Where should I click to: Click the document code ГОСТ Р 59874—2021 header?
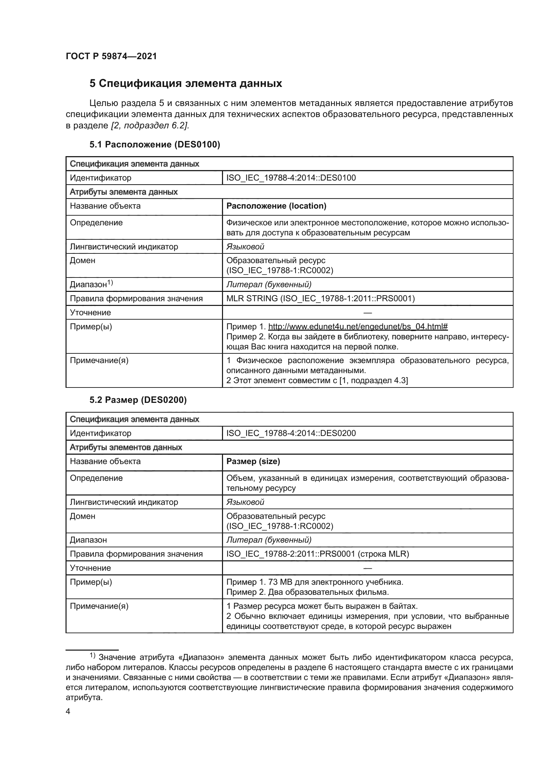[111, 57]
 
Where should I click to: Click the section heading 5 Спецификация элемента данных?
[186, 84]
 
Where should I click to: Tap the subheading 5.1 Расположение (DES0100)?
[154, 145]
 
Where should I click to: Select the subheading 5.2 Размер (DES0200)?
[138, 400]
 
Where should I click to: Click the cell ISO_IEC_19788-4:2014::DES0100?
[291, 178]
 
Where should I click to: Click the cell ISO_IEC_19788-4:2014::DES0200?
[291, 433]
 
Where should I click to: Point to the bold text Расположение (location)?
[276, 206]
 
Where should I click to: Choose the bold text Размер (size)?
[253, 461]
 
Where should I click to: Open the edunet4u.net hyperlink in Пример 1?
[357, 327]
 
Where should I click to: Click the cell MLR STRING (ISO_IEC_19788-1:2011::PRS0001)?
[320, 299]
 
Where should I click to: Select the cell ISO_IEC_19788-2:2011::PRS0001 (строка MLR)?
[317, 554]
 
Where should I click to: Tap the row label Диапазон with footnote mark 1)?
[91, 285]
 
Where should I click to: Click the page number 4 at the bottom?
[68, 711]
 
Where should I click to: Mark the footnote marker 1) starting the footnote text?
[93, 656]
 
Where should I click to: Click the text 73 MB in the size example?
[275, 582]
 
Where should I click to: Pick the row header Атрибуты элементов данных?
[126, 447]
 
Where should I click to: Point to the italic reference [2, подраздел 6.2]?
[150, 126]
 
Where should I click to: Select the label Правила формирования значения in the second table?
[136, 554]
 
